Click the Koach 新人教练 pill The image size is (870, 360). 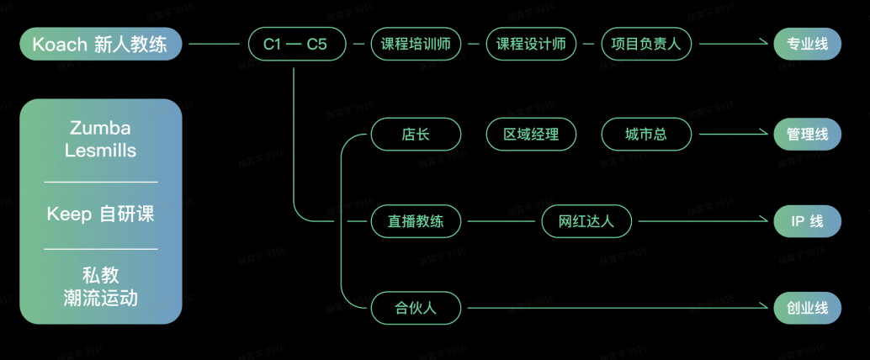click(x=100, y=44)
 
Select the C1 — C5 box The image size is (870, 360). click(x=295, y=44)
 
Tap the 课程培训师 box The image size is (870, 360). click(x=416, y=44)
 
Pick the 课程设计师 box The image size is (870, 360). click(x=531, y=44)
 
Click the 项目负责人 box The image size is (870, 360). click(x=646, y=44)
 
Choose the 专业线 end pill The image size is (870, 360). click(x=807, y=44)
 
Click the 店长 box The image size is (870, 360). click(x=416, y=134)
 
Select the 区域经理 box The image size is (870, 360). click(x=531, y=134)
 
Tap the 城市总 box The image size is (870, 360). click(x=646, y=134)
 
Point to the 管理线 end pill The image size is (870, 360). click(x=807, y=134)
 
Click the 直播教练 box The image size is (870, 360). click(x=416, y=221)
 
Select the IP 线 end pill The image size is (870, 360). click(x=807, y=221)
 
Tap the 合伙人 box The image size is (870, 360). click(x=416, y=308)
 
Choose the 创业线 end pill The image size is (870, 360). click(x=807, y=308)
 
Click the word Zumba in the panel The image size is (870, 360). click(x=101, y=129)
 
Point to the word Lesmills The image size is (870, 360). click(x=101, y=151)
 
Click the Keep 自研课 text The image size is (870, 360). click(x=101, y=214)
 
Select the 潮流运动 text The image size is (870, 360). click(x=101, y=298)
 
